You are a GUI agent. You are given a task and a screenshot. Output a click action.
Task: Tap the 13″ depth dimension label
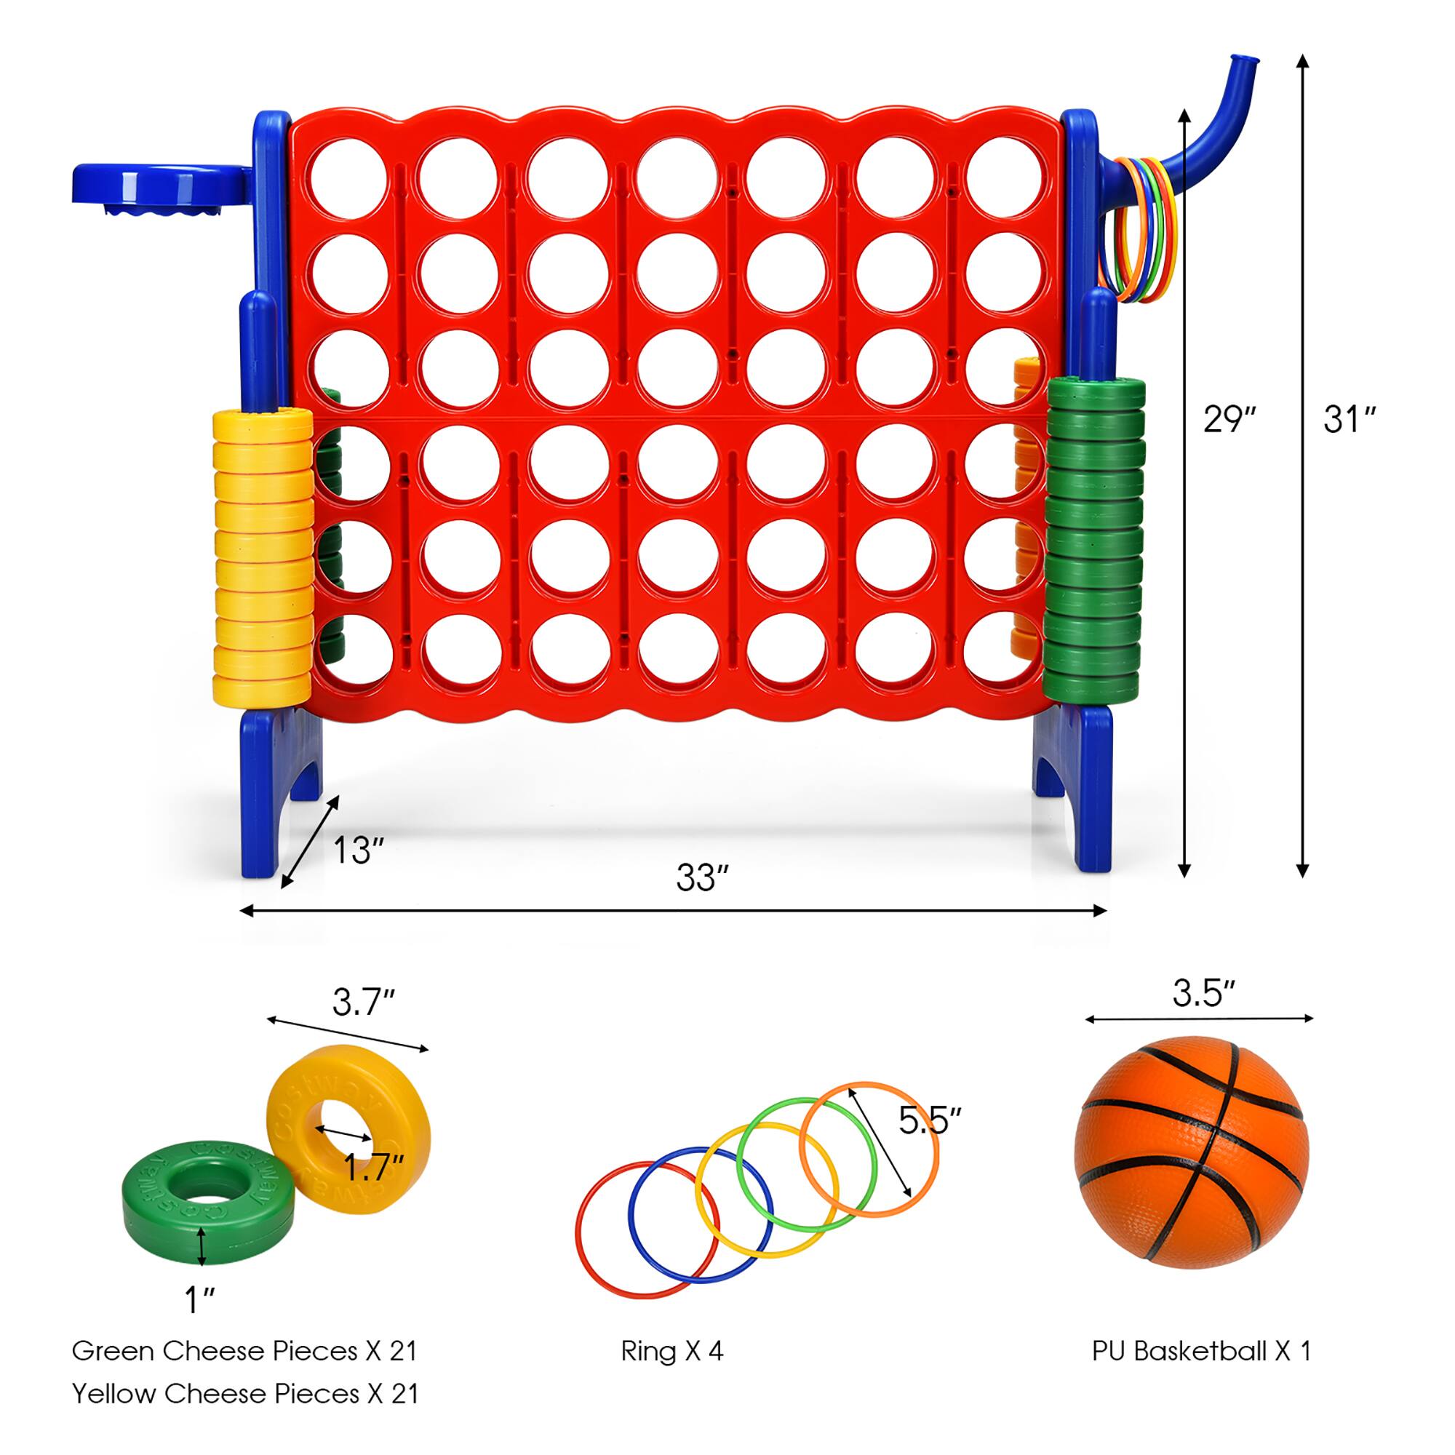359,850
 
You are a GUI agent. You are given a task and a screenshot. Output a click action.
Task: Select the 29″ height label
1229,420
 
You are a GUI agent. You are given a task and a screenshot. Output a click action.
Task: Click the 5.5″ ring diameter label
930,1121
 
